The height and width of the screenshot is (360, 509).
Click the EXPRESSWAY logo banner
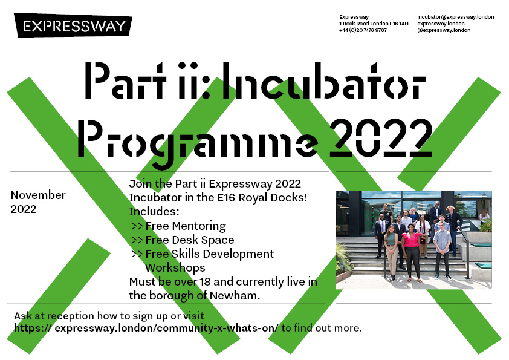[74, 26]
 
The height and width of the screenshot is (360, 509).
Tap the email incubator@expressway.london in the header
[455, 17]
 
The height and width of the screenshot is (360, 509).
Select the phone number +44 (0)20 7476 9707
[363, 30]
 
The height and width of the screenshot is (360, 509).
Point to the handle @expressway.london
[444, 30]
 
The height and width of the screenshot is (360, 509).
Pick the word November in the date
[38, 195]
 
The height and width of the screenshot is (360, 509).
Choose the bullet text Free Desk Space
[189, 240]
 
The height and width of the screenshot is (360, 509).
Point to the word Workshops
[175, 267]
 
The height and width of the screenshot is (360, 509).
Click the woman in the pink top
[412, 248]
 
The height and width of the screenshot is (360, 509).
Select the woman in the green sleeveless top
[391, 249]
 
